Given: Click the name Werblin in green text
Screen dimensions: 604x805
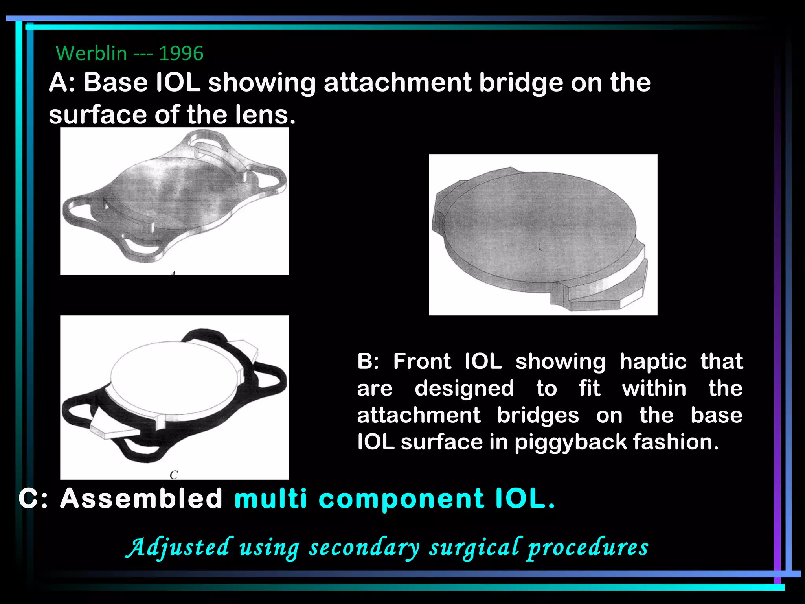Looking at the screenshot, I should point(91,53).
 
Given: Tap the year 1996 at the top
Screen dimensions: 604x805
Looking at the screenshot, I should point(181,53).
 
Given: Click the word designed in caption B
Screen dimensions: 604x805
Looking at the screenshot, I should point(464,388).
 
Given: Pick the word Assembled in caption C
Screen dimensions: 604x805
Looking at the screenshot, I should point(141,498).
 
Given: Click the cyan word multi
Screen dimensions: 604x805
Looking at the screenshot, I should point(270,498).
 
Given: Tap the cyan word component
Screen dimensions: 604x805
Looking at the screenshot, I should point(402,498).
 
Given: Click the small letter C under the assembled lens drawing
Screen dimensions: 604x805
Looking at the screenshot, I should point(174,475).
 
